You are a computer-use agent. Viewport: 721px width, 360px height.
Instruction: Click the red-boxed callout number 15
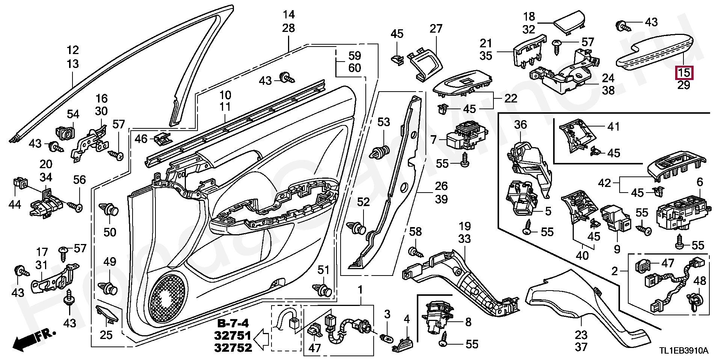click(x=684, y=72)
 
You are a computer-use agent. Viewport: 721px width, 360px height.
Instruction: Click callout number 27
click(x=436, y=29)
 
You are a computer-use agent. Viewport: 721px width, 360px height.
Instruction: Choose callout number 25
click(x=106, y=334)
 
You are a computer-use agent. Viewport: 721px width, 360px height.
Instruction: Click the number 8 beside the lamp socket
click(x=468, y=322)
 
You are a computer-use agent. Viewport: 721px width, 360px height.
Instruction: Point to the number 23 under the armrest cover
click(x=581, y=334)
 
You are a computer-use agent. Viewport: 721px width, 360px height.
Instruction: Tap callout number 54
click(x=73, y=114)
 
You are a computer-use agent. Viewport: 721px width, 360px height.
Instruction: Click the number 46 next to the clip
click(x=141, y=139)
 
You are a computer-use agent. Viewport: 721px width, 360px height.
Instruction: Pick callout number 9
click(x=617, y=249)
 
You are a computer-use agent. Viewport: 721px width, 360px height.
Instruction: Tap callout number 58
click(x=415, y=232)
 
